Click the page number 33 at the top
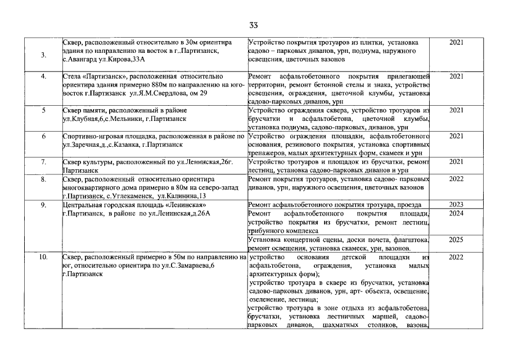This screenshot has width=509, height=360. point(254,25)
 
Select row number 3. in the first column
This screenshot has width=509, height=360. point(44,55)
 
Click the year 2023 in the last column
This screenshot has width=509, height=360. point(456,204)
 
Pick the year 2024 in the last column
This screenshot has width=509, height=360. point(456,214)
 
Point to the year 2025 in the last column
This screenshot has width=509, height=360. point(456,240)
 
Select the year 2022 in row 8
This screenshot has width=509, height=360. point(456,179)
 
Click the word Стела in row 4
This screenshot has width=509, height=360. point(73,76)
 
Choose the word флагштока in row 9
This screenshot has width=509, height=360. point(409,240)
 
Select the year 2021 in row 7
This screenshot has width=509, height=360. point(456,162)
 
